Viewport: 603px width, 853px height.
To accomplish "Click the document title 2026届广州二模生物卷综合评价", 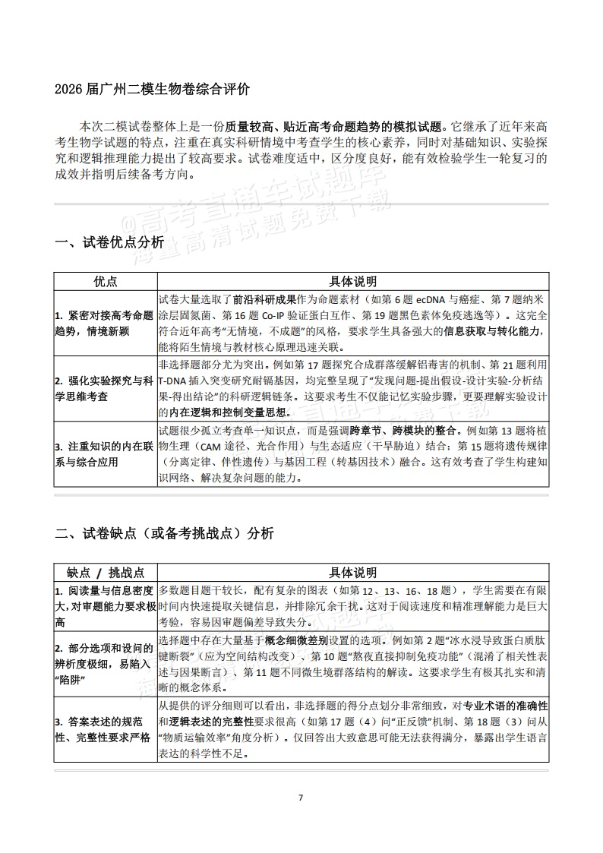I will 152,89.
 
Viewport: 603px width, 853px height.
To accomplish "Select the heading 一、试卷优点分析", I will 109,243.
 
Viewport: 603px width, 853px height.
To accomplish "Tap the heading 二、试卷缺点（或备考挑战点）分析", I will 165,533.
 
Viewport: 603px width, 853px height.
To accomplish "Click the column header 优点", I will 106,281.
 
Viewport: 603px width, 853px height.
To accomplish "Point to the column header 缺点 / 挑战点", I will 106,572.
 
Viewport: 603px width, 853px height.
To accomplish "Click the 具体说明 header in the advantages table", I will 352,281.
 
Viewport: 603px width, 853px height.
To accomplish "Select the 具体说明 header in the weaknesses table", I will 352,572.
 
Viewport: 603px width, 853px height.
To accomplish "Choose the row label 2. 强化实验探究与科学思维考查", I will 106,387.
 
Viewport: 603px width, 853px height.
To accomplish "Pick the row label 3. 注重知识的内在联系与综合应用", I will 106,453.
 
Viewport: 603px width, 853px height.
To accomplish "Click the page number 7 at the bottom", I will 301,798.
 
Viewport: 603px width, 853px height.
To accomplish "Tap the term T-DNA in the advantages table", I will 175,379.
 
